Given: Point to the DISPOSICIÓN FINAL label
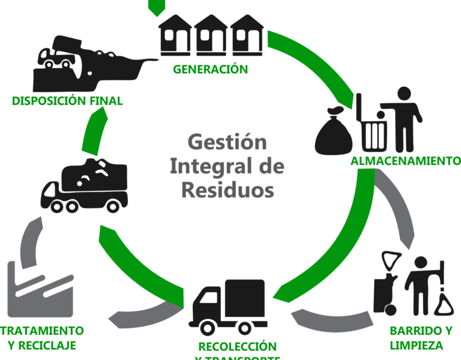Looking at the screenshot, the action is click(67, 101).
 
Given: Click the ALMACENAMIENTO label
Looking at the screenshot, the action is click(402, 161).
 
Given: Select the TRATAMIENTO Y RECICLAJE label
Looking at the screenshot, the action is click(42, 338).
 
